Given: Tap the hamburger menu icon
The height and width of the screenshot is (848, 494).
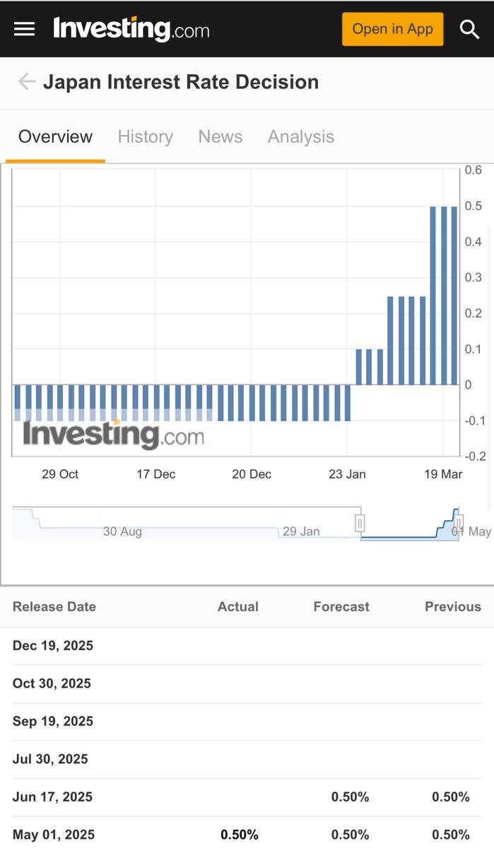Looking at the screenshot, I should click(x=24, y=29).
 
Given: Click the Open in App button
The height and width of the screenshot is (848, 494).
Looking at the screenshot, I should click(x=392, y=29).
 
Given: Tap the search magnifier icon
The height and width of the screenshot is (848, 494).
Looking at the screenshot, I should click(x=469, y=29).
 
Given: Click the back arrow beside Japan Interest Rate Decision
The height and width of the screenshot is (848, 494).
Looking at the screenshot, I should click(x=27, y=82).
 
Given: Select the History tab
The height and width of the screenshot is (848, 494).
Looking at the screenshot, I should click(x=145, y=136).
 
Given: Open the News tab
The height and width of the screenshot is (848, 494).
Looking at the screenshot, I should click(x=220, y=136).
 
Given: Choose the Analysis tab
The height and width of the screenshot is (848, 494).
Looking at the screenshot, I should click(x=300, y=136).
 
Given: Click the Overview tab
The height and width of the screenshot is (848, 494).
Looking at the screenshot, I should click(x=55, y=136).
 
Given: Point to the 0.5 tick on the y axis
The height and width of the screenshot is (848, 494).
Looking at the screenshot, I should click(x=474, y=206).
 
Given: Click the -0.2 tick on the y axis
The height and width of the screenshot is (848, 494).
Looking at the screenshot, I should click(x=474, y=457).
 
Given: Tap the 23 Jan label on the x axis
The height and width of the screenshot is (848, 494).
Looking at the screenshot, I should click(x=347, y=474).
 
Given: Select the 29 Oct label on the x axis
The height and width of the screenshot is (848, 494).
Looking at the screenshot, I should click(x=60, y=474).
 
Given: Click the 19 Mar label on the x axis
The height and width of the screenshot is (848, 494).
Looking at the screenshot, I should click(x=443, y=474).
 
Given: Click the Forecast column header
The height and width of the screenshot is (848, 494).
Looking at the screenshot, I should click(x=341, y=606).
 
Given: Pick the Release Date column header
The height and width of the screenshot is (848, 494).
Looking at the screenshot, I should click(x=54, y=606).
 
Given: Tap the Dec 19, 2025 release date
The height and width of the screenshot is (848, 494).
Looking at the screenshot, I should click(x=53, y=646).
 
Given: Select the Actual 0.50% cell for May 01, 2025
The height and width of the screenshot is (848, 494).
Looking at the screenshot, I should click(x=240, y=835).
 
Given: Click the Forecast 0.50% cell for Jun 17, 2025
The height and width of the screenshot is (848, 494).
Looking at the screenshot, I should click(x=350, y=797).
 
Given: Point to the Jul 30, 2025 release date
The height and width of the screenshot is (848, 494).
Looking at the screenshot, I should click(x=50, y=759).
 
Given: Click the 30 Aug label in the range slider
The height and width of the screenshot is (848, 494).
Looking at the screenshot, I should click(x=122, y=531).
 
